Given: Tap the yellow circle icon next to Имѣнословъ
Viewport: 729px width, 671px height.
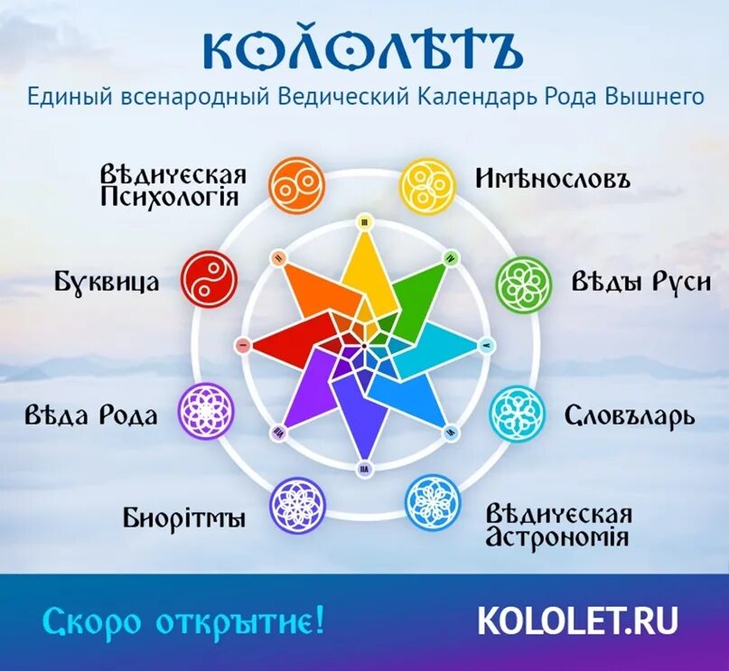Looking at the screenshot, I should (x=427, y=185).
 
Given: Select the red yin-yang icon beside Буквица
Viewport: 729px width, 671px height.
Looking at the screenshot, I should (x=210, y=280).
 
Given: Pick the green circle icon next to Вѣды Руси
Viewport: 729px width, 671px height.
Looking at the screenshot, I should (x=523, y=283).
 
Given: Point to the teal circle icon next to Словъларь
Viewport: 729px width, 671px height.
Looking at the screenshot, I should (x=518, y=414).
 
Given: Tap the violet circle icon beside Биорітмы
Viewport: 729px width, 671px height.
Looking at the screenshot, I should (x=296, y=502).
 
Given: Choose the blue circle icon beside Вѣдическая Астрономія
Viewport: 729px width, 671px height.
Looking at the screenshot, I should (x=433, y=502).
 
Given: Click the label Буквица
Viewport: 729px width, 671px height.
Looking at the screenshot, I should (x=107, y=282).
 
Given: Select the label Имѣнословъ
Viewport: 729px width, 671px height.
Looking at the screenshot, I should (x=552, y=177).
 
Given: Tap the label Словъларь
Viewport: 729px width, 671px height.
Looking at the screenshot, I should (x=630, y=415).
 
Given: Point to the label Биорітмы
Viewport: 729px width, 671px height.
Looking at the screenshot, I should (x=184, y=518).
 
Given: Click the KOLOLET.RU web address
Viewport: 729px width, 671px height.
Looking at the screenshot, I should (x=577, y=620).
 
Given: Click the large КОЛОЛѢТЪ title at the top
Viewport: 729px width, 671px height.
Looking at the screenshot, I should (x=362, y=51).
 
